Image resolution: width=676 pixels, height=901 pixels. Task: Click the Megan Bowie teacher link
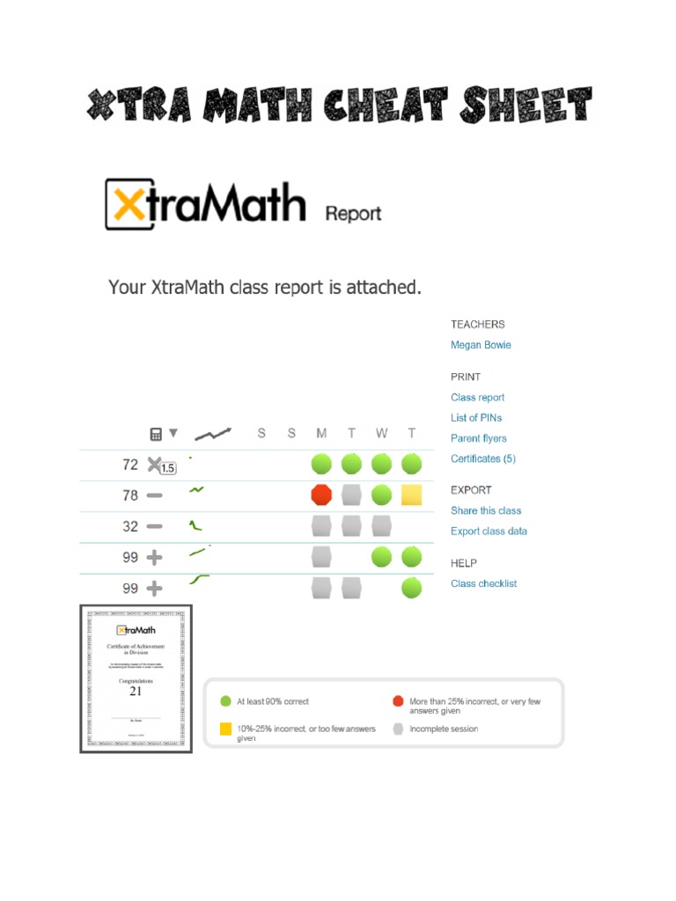click(480, 345)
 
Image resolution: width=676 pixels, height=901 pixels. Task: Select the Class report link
click(477, 398)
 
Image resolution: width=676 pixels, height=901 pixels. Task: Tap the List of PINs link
click(476, 418)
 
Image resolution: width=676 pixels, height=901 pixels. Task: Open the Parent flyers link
click(478, 438)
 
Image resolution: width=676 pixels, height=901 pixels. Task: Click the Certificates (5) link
click(482, 458)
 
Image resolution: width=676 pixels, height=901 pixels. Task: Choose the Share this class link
click(486, 510)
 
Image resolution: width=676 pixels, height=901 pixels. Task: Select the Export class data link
click(489, 531)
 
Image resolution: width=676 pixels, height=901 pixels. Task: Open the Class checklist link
click(483, 583)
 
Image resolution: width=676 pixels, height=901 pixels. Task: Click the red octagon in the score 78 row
click(322, 494)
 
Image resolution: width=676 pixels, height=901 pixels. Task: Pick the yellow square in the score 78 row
click(411, 494)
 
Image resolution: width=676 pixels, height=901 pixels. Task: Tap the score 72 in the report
click(130, 465)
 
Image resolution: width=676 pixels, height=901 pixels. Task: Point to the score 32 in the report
click(130, 526)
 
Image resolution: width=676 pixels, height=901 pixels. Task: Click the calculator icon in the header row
click(156, 434)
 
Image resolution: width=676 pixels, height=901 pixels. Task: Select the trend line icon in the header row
click(212, 434)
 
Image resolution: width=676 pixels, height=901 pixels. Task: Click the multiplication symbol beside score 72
click(154, 464)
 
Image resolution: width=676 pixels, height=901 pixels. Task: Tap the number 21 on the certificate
click(136, 692)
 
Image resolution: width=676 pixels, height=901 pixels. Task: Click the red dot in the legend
click(398, 701)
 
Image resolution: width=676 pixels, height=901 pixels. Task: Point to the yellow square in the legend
click(225, 729)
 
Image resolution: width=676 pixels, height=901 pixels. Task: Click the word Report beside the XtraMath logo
click(353, 213)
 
